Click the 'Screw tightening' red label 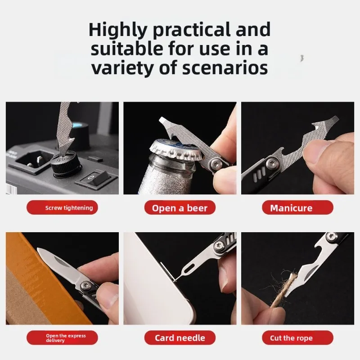click(62, 207)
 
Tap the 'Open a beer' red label click(180, 207)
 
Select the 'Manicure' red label click(297, 207)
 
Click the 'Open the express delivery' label click(62, 338)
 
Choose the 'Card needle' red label click(180, 338)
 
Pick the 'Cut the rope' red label click(297, 338)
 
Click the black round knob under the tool click(66, 164)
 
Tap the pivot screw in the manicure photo click(273, 163)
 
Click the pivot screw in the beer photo click(216, 164)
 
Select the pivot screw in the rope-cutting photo click(331, 237)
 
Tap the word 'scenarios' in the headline click(225, 67)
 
